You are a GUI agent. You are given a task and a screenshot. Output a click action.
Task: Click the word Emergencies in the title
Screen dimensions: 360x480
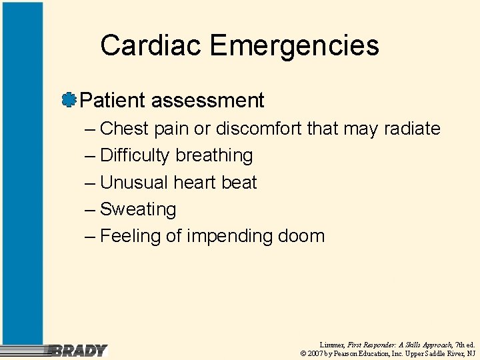pos(294,46)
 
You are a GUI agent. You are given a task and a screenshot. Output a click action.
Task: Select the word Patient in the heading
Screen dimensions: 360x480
pos(113,101)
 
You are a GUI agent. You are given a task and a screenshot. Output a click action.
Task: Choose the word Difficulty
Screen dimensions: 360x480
pos(135,155)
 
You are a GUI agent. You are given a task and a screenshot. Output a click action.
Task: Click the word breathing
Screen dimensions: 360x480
pos(214,155)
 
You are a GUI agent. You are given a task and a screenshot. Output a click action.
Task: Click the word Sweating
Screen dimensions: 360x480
pos(138,209)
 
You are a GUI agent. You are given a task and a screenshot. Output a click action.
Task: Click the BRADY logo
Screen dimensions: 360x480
pos(79,350)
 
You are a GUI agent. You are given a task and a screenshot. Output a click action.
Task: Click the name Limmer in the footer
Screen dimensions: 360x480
pos(331,345)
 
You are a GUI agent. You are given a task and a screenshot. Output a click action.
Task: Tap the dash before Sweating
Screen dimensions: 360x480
pos(91,209)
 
